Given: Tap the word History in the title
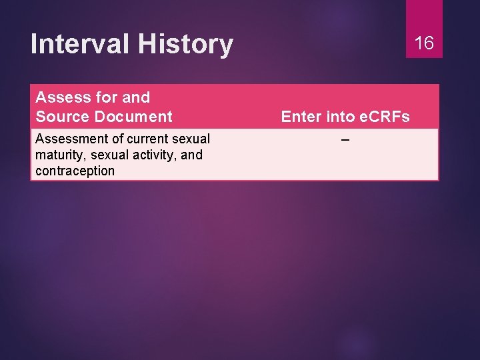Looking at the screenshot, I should (185, 44).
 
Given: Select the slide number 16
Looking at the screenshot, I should (424, 43).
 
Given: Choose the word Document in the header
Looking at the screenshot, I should (133, 117).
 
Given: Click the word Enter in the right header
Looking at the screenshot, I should (301, 117).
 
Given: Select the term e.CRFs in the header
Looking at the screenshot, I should (384, 117).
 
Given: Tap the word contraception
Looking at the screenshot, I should (75, 171).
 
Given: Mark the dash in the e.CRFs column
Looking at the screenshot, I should (345, 139).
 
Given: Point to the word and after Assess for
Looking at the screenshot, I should (136, 97).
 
